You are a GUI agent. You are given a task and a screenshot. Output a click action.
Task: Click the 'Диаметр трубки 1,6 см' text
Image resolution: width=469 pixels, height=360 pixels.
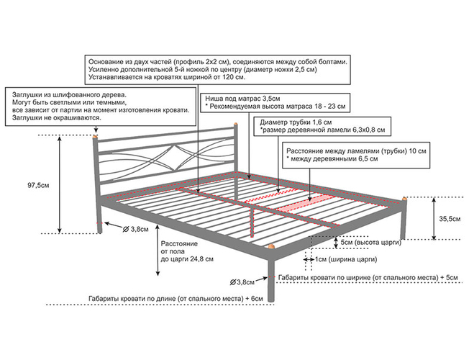pos(297,122)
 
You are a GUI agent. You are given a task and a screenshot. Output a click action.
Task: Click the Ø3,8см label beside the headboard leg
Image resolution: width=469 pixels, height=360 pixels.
pos(136,229)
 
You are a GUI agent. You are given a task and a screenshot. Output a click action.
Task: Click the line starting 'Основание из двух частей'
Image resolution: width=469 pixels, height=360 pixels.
pos(217,62)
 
